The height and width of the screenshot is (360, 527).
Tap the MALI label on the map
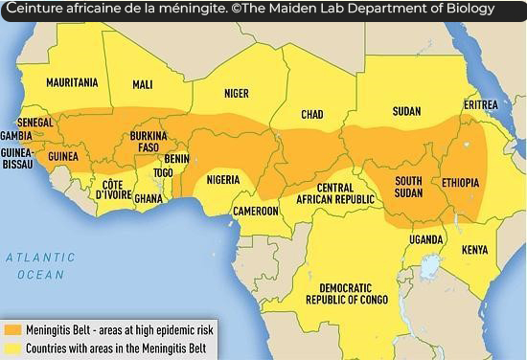click(x=143, y=84)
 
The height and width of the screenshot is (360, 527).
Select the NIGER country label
click(x=236, y=94)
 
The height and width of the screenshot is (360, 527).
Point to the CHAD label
click(x=312, y=115)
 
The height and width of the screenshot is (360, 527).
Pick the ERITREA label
click(x=481, y=104)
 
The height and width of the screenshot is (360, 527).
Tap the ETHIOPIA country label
click(x=461, y=182)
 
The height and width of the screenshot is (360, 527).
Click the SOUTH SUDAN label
click(x=410, y=187)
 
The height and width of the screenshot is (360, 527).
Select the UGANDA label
click(x=425, y=238)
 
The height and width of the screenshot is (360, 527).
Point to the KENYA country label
click(x=474, y=250)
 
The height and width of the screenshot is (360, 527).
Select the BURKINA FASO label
click(x=149, y=143)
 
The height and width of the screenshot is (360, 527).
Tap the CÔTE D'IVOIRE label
click(x=113, y=189)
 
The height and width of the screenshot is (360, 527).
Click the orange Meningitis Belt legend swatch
click(x=12, y=329)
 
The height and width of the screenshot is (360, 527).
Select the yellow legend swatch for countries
click(x=12, y=349)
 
